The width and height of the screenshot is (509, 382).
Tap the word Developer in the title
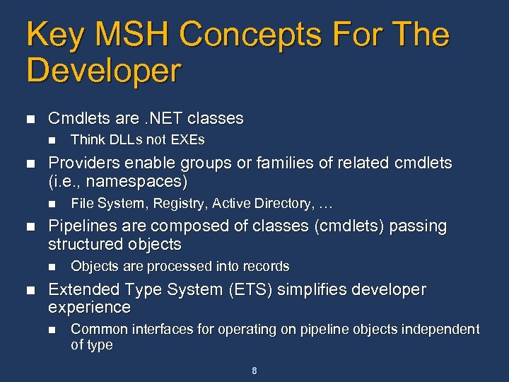[x=104, y=71]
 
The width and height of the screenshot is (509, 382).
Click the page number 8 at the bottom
[x=254, y=371]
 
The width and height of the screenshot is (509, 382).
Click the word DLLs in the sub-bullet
[x=122, y=140]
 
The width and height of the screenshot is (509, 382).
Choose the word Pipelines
[x=80, y=226]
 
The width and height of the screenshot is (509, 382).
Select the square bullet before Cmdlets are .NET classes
[x=29, y=119]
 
